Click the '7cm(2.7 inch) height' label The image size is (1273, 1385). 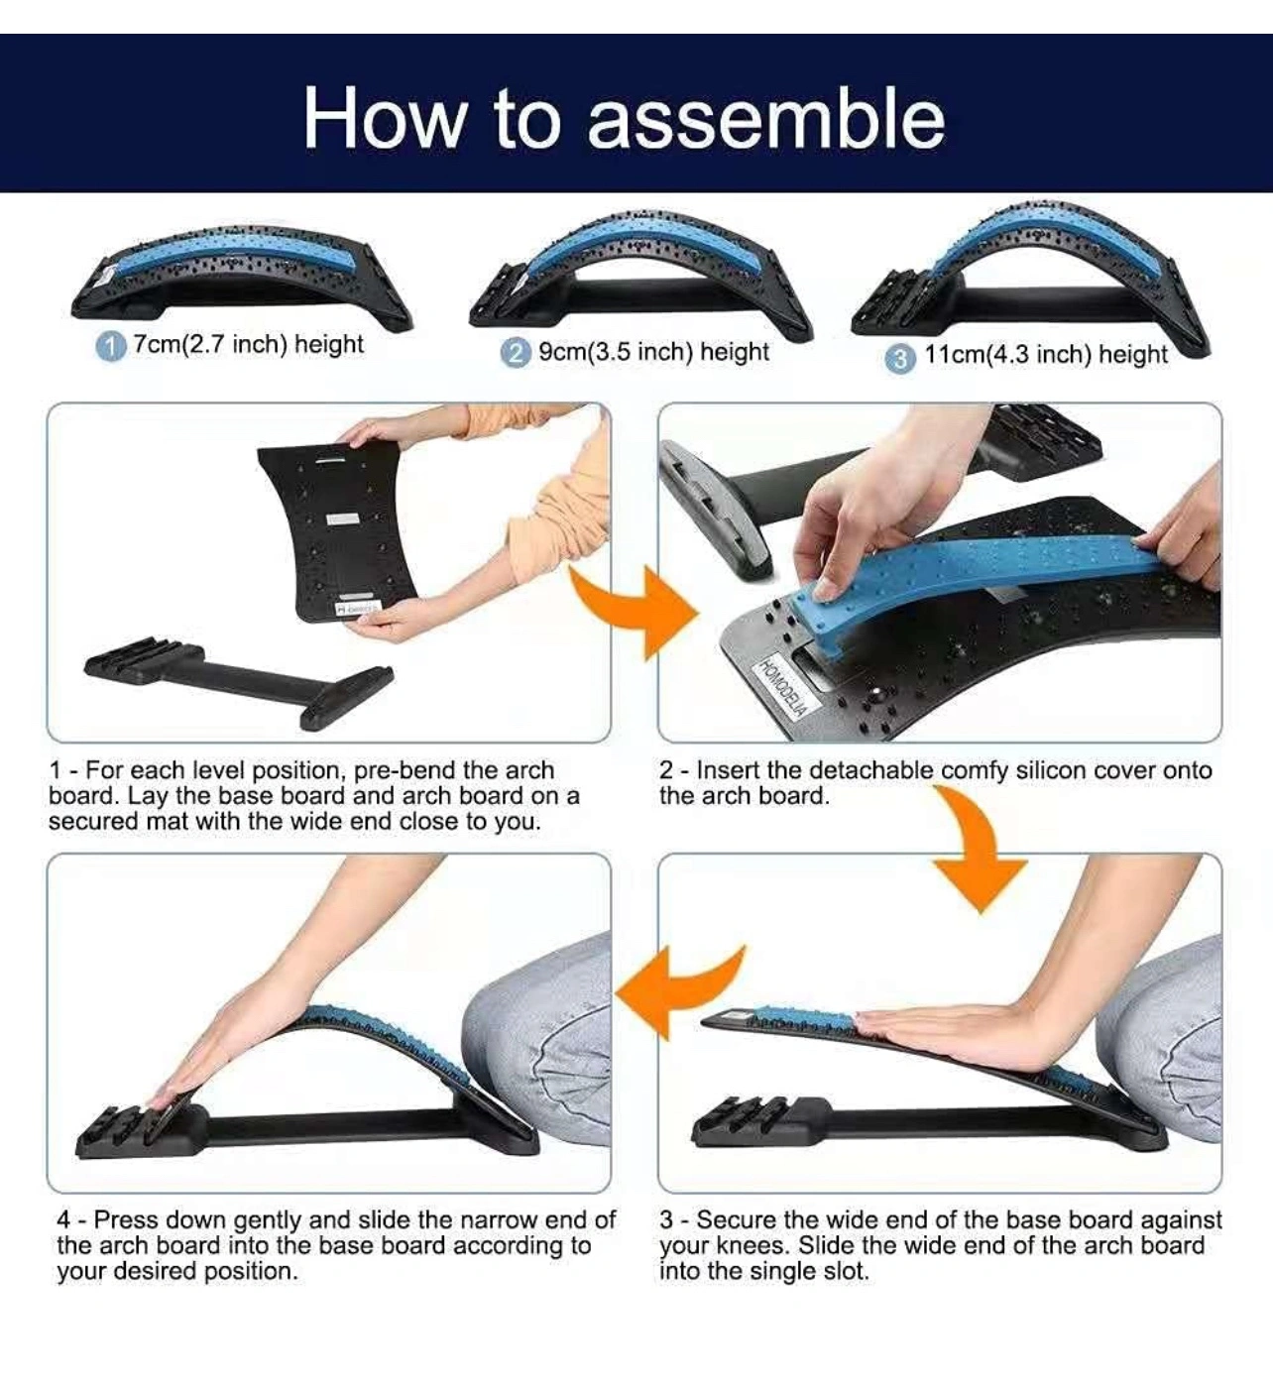248,345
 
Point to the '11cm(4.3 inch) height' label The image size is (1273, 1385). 1046,354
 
